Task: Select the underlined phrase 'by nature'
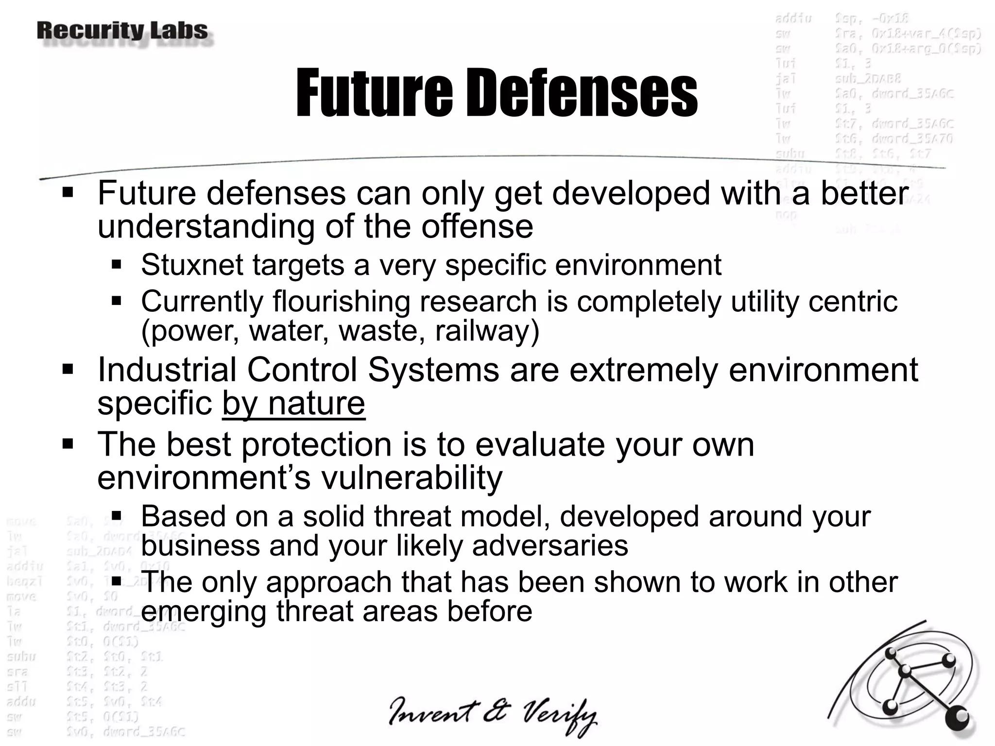click(293, 403)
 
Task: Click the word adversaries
click(550, 545)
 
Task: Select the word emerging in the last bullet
click(203, 611)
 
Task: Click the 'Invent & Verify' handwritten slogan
click(492, 716)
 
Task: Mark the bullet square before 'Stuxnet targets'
click(116, 265)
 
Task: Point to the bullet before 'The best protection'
click(68, 444)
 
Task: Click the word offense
click(477, 226)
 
